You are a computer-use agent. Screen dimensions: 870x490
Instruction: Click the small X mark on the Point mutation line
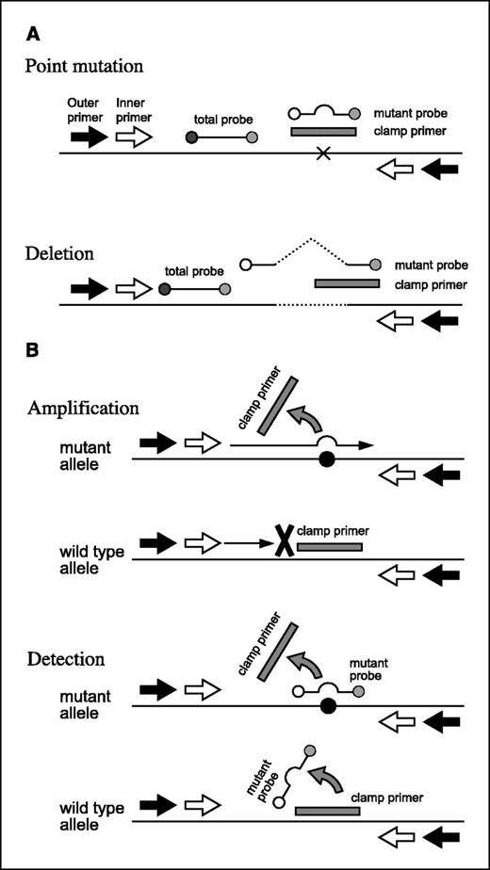(x=324, y=153)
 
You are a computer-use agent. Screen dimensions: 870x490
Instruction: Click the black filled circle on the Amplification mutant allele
(x=326, y=459)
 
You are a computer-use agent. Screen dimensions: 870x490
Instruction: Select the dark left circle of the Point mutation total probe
(x=191, y=138)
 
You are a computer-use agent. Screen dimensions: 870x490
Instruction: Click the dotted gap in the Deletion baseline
(x=311, y=305)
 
